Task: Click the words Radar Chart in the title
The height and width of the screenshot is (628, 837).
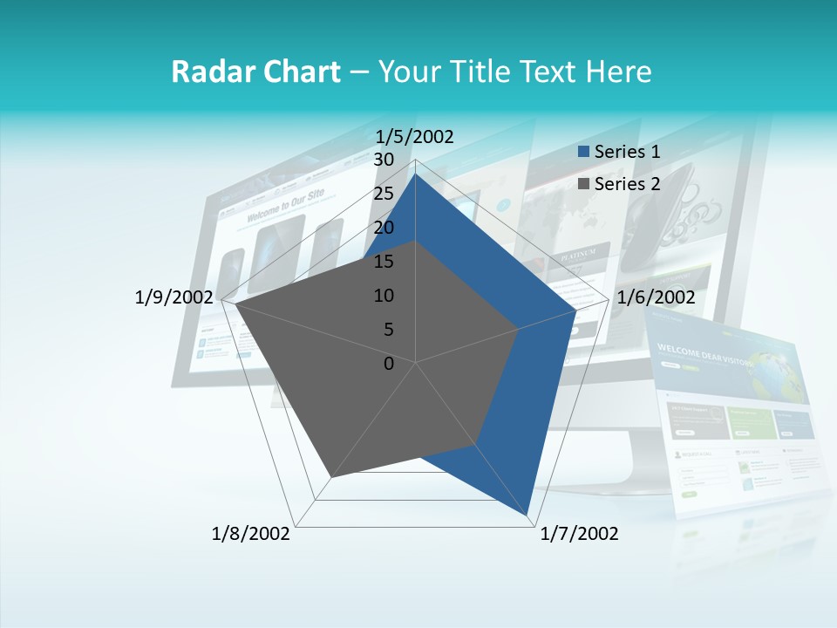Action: click(255, 72)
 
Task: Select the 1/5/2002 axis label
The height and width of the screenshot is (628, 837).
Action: click(415, 136)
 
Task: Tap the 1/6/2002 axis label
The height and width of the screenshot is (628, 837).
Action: click(656, 297)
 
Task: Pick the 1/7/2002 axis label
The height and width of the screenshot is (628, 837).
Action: click(580, 534)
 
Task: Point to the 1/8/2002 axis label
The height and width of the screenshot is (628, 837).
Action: click(251, 534)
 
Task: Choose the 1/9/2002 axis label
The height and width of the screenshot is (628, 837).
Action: click(174, 297)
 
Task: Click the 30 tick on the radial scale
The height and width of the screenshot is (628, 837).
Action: click(383, 160)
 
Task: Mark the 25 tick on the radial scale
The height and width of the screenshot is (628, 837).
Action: click(383, 194)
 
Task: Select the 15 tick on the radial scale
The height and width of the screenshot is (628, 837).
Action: click(383, 262)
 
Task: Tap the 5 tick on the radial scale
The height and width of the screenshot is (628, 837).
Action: click(388, 330)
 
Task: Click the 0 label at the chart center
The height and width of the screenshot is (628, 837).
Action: click(389, 364)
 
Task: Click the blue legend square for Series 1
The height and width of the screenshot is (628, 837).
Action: click(584, 152)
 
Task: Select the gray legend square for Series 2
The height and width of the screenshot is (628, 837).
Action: click(584, 184)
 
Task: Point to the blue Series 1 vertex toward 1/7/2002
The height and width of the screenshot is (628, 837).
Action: click(529, 516)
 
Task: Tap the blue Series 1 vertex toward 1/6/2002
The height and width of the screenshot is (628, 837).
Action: click(575, 310)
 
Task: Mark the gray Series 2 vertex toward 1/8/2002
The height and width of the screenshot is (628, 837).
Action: click(330, 478)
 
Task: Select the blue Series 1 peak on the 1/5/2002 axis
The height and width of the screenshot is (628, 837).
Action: click(416, 174)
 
